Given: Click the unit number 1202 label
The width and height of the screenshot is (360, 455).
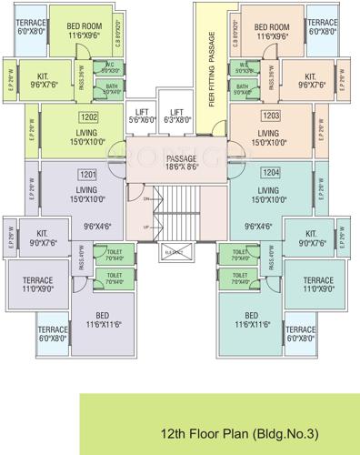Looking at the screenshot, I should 88,117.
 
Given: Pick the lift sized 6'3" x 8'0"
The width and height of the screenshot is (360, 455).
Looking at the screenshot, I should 177,115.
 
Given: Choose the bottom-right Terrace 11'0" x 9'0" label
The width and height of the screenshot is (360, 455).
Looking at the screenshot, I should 318,284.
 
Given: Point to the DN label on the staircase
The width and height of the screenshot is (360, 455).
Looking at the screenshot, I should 146,198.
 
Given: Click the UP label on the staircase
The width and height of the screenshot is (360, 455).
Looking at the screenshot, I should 146,225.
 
